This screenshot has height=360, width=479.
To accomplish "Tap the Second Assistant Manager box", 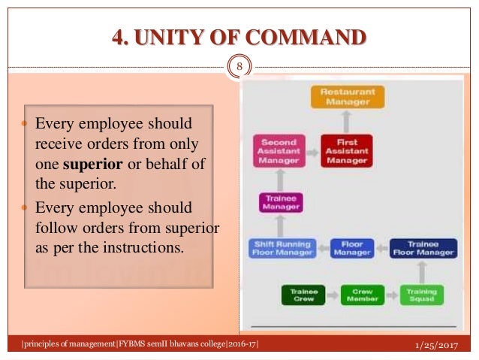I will tap(279, 150).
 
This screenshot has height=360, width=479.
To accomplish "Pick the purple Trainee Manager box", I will tap(279, 202).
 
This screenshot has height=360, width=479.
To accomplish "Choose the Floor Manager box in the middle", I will tap(352, 248).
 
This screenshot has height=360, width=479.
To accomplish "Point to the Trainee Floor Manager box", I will tap(423, 248).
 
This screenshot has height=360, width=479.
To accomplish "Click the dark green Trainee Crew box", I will tap(304, 295).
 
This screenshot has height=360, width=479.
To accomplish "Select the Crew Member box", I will tap(362, 295).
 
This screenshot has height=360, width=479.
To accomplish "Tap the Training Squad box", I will tap(422, 295).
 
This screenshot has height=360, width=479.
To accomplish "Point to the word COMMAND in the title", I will tap(309, 36).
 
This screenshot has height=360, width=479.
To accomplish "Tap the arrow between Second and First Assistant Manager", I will tap(312, 150).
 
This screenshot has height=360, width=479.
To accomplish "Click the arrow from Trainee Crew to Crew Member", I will tap(333, 295).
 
